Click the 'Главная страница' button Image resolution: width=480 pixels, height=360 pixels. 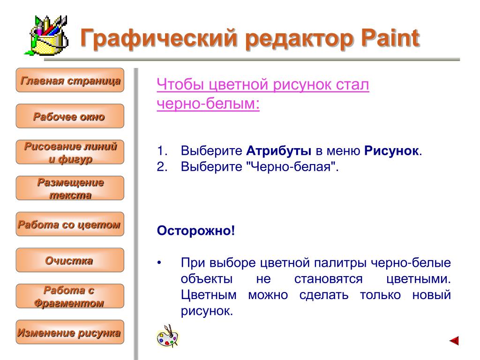point(70,80)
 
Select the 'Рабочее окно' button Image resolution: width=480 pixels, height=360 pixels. point(70,116)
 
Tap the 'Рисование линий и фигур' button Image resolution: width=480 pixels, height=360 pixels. point(70,152)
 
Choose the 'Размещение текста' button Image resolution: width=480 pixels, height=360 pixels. point(70,188)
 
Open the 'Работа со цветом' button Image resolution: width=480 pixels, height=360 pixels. point(70,224)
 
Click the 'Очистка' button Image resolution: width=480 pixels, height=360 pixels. point(70,260)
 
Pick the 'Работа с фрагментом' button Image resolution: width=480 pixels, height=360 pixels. point(70,296)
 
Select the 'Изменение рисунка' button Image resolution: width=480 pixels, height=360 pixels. point(70,332)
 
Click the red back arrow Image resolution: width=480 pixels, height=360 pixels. point(454,340)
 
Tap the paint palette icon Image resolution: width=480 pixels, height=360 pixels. point(167,336)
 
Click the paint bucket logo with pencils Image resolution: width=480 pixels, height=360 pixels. point(46,36)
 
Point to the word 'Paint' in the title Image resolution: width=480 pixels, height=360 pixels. point(390,38)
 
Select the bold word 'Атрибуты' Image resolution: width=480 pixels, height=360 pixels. point(278,151)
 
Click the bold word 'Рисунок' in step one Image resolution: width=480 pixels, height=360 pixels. point(391,151)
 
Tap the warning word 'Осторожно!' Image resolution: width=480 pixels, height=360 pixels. point(196,231)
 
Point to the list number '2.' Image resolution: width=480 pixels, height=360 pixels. point(162,167)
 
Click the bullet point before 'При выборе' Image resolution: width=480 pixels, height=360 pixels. point(159,263)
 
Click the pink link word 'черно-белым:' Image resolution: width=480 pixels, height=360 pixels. point(208,103)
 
